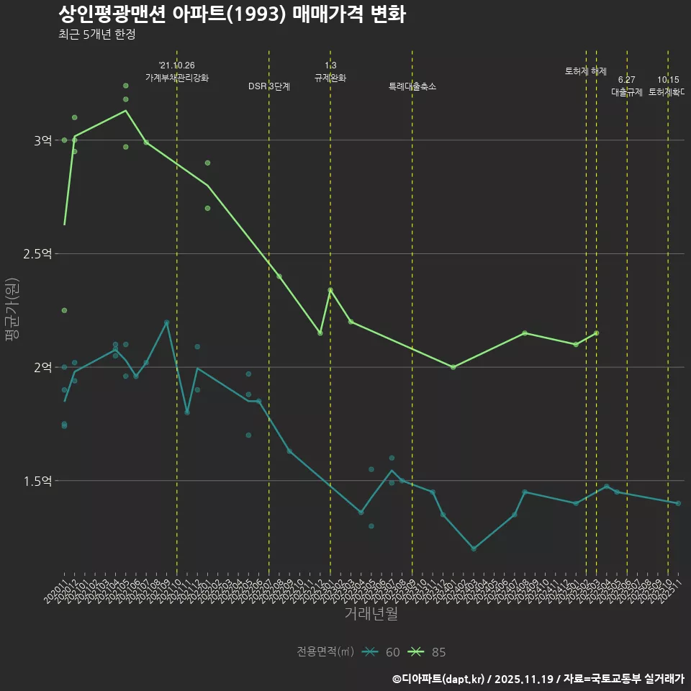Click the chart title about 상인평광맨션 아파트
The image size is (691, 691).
231,14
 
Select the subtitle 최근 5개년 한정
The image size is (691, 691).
96,35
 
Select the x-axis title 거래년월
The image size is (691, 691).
371,614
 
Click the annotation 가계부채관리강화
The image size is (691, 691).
177,78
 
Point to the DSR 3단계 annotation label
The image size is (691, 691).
269,86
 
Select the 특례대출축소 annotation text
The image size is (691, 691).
412,86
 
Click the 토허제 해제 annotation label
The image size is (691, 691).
586,71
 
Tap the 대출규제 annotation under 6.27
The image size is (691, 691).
627,92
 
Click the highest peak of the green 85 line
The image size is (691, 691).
126,111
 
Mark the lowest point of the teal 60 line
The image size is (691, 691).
474,548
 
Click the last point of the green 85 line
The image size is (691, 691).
596,333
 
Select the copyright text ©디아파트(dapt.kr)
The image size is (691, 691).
440,679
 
